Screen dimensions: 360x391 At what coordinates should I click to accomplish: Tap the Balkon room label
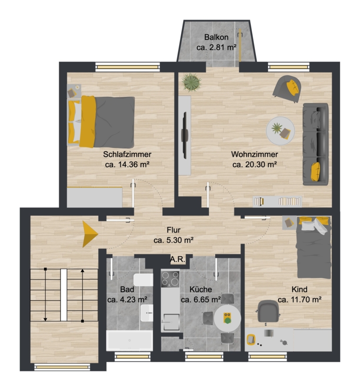coord(216,37)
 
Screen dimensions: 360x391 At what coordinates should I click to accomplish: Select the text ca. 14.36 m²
coord(127,164)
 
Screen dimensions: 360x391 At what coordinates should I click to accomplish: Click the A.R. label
coord(178,259)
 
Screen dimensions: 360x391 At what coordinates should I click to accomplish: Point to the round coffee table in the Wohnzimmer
coord(280,131)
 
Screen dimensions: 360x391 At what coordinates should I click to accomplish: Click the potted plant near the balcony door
coord(191,82)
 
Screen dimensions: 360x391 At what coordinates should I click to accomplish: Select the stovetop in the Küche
coord(170,278)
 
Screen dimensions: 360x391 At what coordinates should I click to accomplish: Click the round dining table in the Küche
coord(227,318)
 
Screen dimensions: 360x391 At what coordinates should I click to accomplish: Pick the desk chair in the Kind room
coord(268,311)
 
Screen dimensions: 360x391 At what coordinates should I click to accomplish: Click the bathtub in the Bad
coord(130,340)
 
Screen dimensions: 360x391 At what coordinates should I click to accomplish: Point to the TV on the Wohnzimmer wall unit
coord(185,136)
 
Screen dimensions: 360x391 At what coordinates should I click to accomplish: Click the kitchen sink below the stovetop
coord(171,322)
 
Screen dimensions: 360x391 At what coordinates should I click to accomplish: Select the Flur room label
coord(173,230)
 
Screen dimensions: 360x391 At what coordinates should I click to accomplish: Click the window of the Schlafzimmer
coord(128,67)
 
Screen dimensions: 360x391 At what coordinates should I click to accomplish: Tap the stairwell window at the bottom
coord(62,367)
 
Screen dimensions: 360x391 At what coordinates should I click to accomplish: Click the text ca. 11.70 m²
coord(300,299)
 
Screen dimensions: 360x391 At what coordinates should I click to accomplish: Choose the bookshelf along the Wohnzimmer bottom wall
coord(277,202)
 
